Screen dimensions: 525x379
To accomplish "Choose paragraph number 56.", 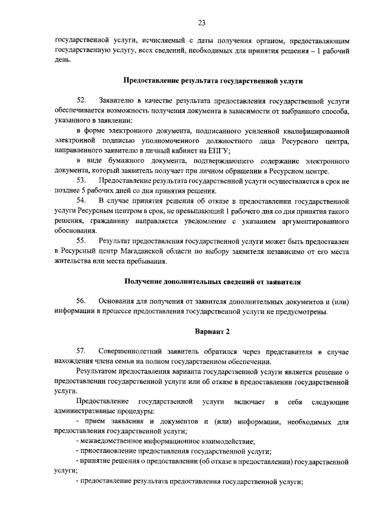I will coord(82,301).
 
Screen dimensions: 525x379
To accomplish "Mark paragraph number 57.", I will coord(82,352).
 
